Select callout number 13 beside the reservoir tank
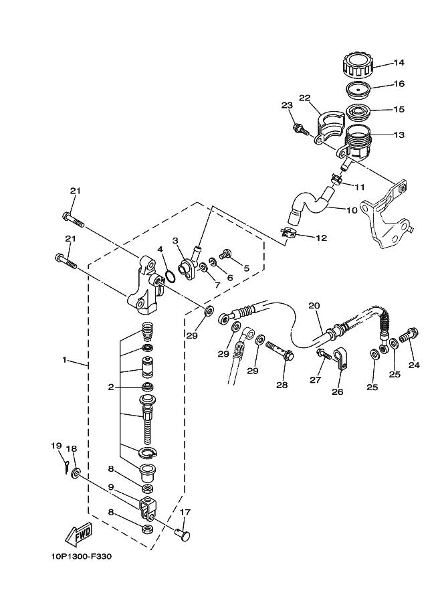pos(399,135)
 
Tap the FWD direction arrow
pos(79,533)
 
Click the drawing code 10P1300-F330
pos(80,555)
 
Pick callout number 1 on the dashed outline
pos(65,361)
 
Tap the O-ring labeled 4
pos(171,276)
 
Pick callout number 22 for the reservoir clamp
pos(305,98)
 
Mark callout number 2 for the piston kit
pos(111,387)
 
